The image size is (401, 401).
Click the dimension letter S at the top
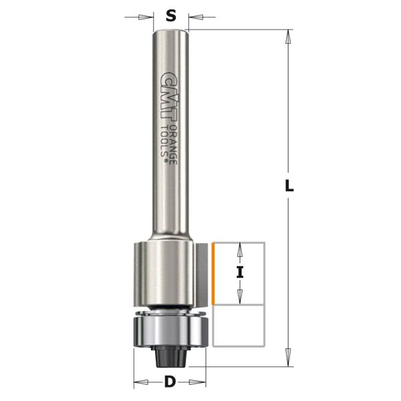[171, 16]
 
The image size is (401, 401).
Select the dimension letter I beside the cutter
[240, 272]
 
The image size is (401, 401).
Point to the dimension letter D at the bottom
[170, 382]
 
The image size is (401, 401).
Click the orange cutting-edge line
[213, 274]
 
